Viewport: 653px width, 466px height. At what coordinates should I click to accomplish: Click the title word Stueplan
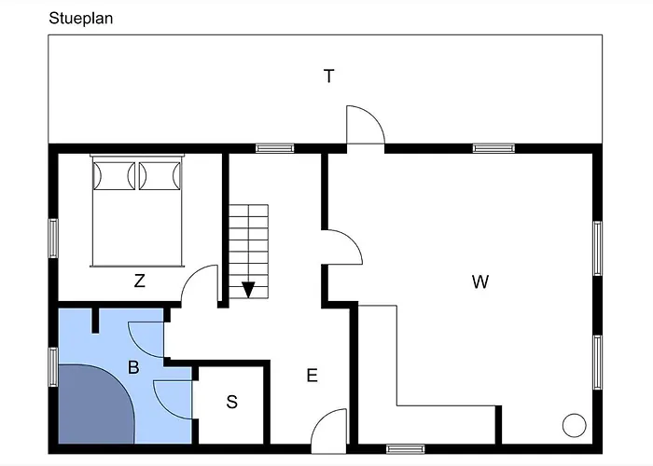[81, 19]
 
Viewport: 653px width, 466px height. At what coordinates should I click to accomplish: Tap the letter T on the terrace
[329, 76]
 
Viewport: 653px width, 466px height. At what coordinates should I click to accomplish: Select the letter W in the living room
[480, 281]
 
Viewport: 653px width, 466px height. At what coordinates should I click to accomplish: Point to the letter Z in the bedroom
[140, 281]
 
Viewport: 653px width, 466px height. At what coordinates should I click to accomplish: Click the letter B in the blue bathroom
[133, 367]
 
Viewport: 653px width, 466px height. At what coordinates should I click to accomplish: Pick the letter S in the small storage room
[232, 402]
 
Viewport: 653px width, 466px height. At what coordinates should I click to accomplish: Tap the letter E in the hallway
[312, 376]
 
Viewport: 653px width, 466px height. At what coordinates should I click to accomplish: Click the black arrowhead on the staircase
[248, 290]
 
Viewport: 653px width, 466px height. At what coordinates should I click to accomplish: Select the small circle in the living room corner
[575, 425]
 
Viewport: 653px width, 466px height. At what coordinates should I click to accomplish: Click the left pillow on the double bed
[114, 175]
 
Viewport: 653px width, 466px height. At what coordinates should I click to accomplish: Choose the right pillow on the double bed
[160, 175]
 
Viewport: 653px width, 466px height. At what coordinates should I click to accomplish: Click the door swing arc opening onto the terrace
[374, 118]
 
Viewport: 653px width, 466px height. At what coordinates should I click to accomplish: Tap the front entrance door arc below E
[322, 419]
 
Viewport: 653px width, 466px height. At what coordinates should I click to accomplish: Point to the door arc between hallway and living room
[353, 240]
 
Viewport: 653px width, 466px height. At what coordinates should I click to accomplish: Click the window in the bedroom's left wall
[53, 239]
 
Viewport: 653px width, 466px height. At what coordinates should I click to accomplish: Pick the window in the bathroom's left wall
[53, 367]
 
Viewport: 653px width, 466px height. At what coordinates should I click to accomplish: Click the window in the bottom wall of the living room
[406, 449]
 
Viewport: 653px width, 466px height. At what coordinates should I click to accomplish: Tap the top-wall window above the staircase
[275, 148]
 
